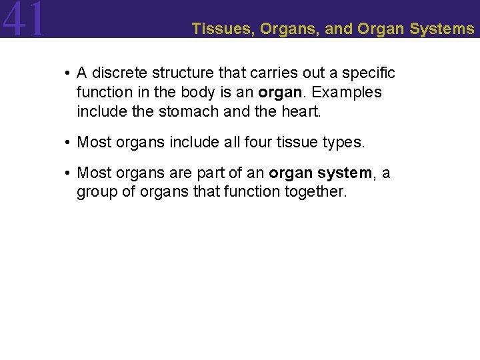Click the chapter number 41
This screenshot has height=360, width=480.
tap(24, 19)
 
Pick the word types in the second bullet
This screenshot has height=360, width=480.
tap(343, 143)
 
